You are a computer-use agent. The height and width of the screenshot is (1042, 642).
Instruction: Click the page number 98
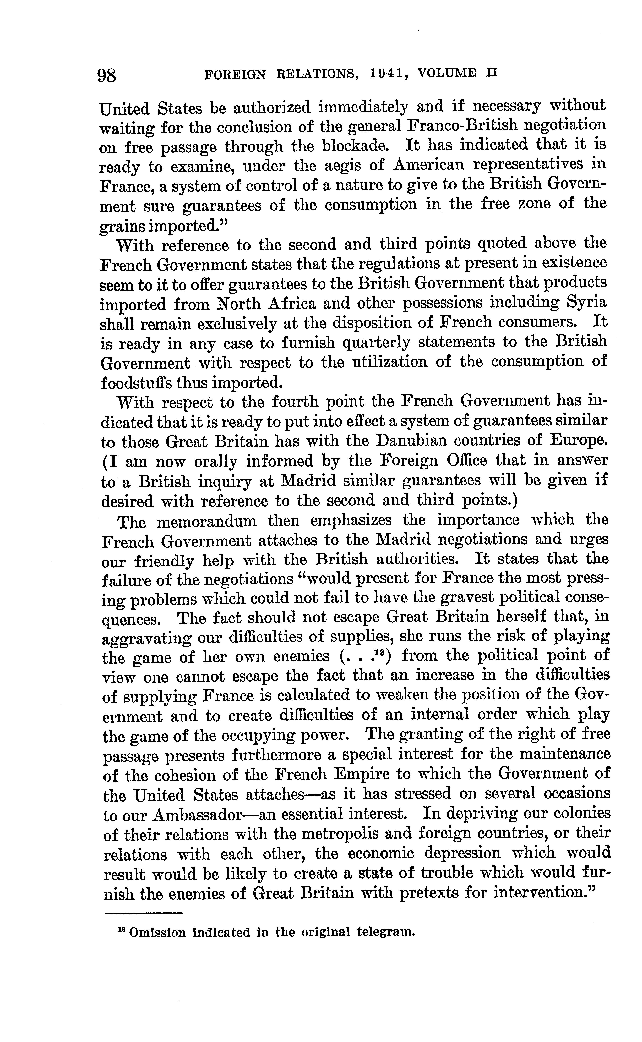click(x=107, y=76)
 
